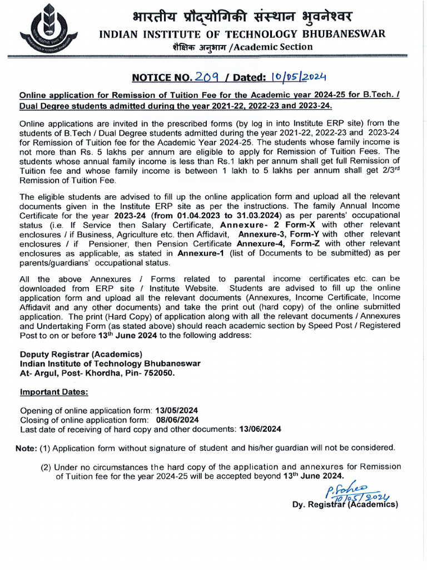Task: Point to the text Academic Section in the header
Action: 274,47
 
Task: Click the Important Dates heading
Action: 54,392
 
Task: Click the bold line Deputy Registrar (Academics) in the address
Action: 81,355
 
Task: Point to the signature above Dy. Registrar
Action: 356,492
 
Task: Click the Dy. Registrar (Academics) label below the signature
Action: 345,505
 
